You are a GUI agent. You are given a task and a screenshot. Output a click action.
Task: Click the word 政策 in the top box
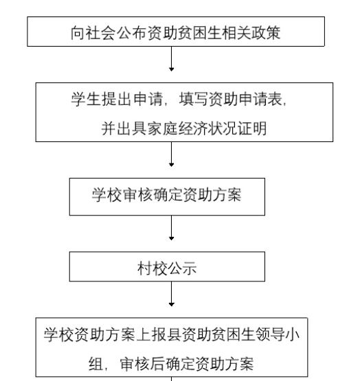(266, 32)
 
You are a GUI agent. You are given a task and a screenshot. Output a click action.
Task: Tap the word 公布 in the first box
(131, 32)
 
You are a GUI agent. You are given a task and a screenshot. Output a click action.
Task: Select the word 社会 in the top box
(101, 32)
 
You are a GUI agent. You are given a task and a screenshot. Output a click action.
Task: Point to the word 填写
(193, 99)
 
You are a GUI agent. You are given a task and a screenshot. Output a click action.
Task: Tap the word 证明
(252, 128)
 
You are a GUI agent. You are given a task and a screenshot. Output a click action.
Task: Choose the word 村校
(153, 268)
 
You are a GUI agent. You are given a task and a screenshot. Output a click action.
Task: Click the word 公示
(182, 268)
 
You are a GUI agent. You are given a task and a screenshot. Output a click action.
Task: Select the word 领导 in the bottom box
(270, 334)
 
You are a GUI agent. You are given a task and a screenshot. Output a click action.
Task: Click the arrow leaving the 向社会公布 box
(172, 58)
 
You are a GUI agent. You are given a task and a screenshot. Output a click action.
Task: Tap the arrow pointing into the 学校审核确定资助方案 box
(172, 154)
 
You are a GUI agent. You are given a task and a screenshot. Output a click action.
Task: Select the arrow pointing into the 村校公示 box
(172, 228)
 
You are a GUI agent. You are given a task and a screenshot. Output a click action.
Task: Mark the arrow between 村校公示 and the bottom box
(172, 294)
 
